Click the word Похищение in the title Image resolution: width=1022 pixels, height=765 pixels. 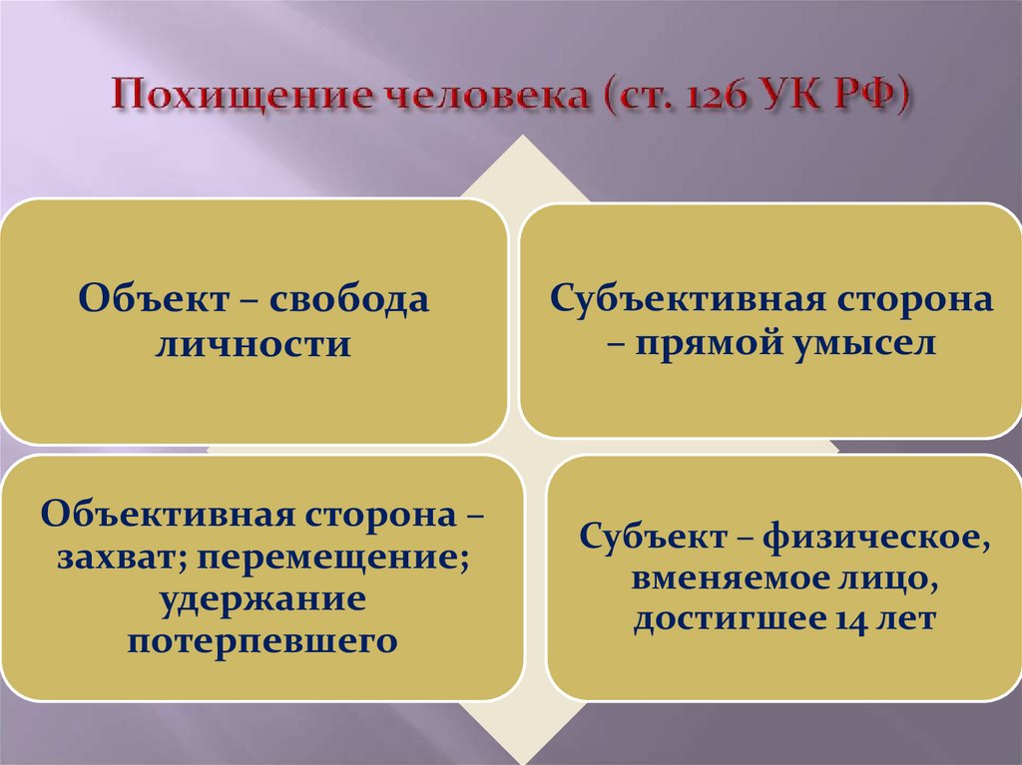pos(244,96)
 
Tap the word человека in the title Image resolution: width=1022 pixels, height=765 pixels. pos(489,96)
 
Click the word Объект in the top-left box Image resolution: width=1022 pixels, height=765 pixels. pos(154,299)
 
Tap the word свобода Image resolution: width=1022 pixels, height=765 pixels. pos(348,299)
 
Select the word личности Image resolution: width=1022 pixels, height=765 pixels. pos(253,343)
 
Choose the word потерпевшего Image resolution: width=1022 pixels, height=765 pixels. pos(262,641)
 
